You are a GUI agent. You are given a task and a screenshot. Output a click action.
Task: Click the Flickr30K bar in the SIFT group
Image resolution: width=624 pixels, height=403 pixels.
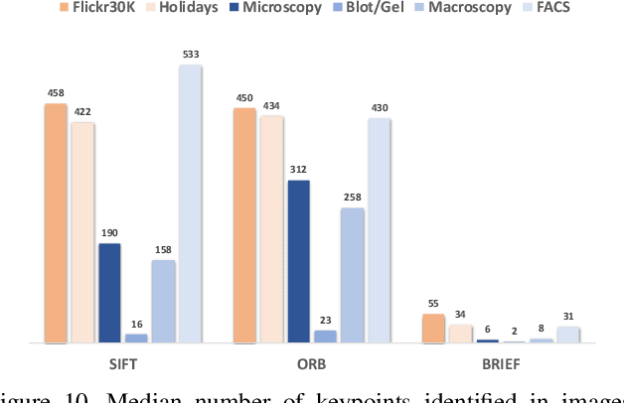(55, 223)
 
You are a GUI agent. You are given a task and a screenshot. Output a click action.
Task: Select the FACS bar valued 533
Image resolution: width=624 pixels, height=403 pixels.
(190, 203)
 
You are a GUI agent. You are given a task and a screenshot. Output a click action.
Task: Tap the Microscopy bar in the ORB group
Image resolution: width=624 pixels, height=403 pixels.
(297, 262)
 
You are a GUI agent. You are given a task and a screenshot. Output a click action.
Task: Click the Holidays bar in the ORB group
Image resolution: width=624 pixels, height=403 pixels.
(270, 229)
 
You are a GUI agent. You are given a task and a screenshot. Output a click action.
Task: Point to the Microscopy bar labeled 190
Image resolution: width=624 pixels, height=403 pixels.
(109, 293)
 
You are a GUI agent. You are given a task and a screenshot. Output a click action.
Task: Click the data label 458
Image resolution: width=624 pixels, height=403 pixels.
(55, 93)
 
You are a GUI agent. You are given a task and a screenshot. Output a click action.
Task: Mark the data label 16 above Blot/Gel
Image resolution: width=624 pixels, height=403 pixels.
(136, 325)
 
